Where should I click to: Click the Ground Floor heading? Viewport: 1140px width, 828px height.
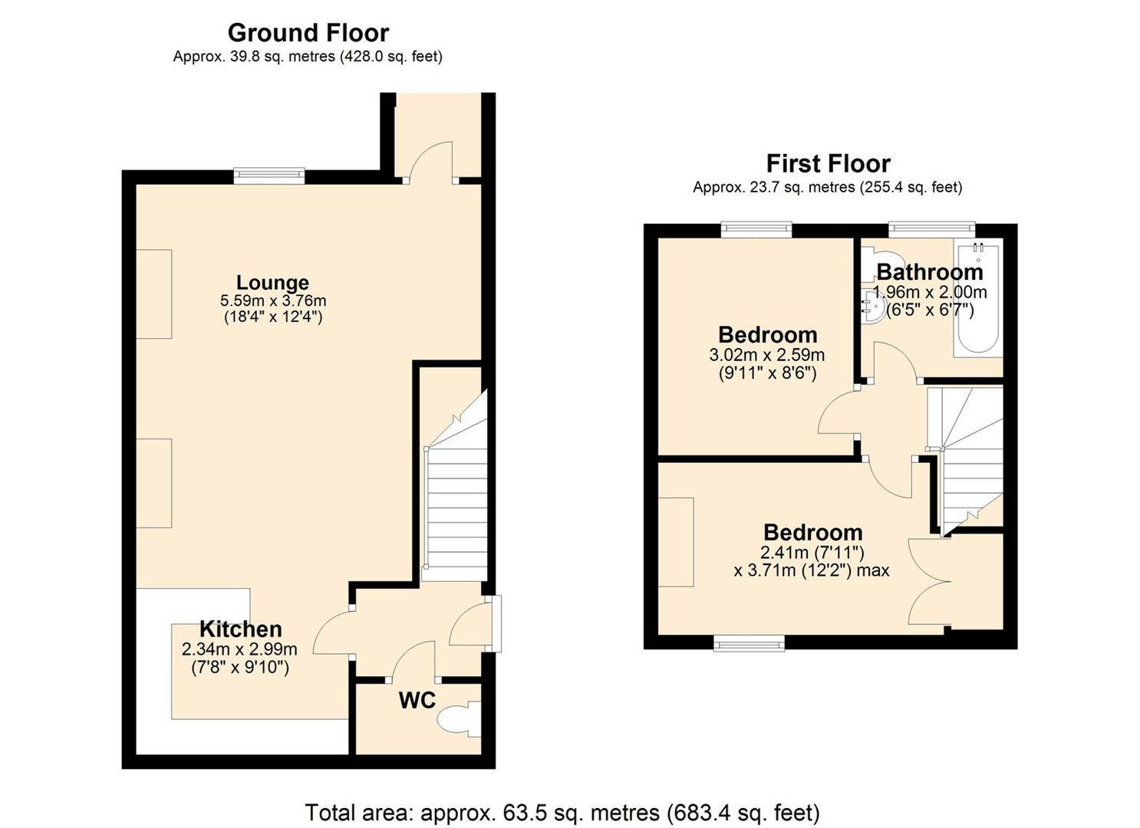(x=308, y=33)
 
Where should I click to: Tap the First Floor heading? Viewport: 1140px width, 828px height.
(x=828, y=164)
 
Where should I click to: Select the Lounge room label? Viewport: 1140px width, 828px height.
(x=272, y=283)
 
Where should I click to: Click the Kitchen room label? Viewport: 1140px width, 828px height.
(x=240, y=629)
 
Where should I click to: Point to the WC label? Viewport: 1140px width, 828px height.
(x=417, y=701)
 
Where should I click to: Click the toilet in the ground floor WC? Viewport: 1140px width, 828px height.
(x=459, y=719)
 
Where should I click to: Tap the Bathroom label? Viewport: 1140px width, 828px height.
(x=929, y=273)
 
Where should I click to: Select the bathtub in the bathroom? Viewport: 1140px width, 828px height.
(x=977, y=298)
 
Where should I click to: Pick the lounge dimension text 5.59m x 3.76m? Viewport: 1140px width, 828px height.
(x=273, y=301)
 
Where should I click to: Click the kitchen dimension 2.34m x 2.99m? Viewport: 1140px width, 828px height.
(x=239, y=649)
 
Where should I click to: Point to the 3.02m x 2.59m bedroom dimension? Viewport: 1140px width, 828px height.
(x=767, y=354)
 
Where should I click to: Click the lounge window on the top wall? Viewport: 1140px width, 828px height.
(x=269, y=176)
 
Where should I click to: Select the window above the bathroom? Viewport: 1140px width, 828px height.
(x=932, y=230)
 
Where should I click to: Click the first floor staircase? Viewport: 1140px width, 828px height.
(x=964, y=460)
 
